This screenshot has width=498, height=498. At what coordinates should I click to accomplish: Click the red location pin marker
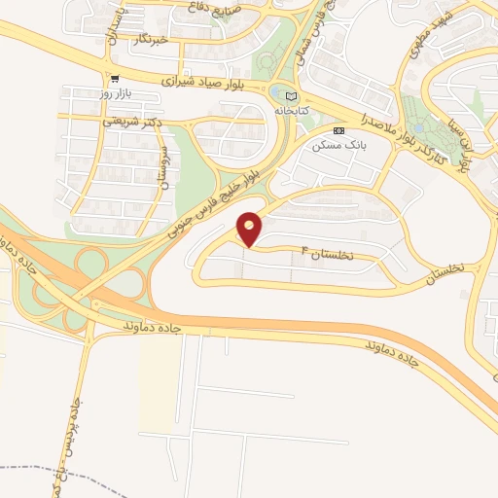(250, 229)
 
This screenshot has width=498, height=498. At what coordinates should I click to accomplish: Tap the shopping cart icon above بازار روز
(116, 79)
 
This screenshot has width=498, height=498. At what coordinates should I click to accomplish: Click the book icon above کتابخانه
(294, 95)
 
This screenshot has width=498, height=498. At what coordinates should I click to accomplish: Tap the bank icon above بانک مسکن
(338, 130)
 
